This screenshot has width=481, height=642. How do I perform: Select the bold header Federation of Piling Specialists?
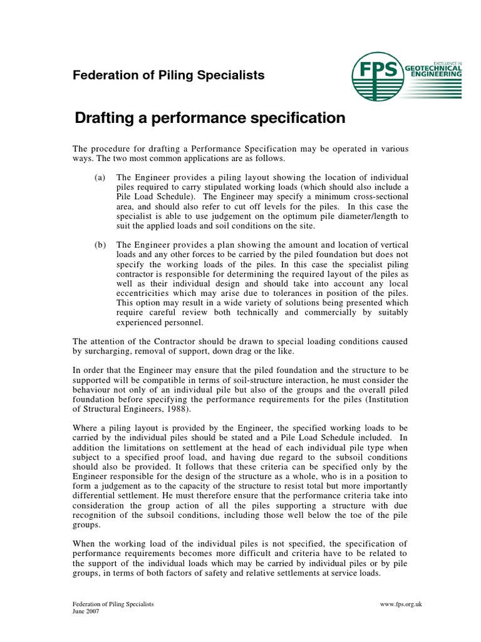[x=168, y=76]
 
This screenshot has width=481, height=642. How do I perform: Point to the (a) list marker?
[x=100, y=178]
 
